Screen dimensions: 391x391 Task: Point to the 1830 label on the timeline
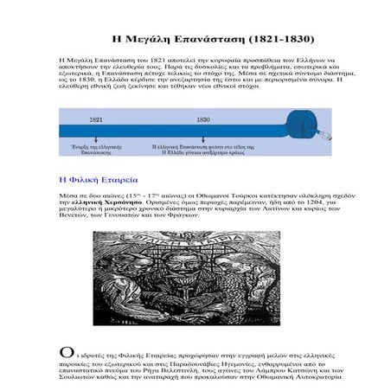click(x=202, y=120)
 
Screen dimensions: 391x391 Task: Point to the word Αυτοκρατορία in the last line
click(x=311, y=377)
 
